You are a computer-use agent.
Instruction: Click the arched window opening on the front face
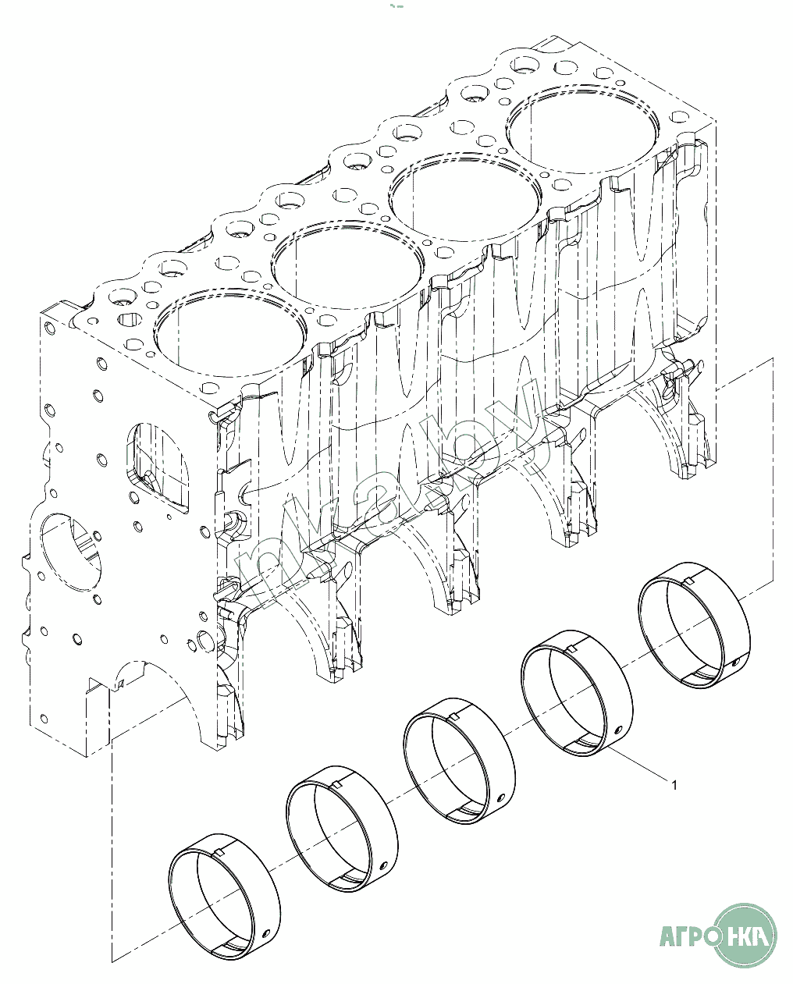pos(158,467)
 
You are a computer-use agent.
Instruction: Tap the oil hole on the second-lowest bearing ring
pos(384,851)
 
